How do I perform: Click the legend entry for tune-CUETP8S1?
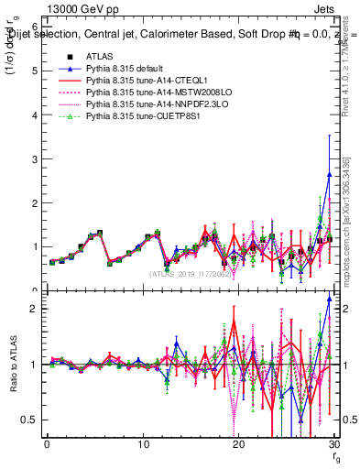tap(136, 117)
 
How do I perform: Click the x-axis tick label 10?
tap(143, 444)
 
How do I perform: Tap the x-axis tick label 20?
tap(239, 444)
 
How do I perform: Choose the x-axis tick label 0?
tap(47, 444)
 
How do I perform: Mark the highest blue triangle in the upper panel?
tap(329, 175)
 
